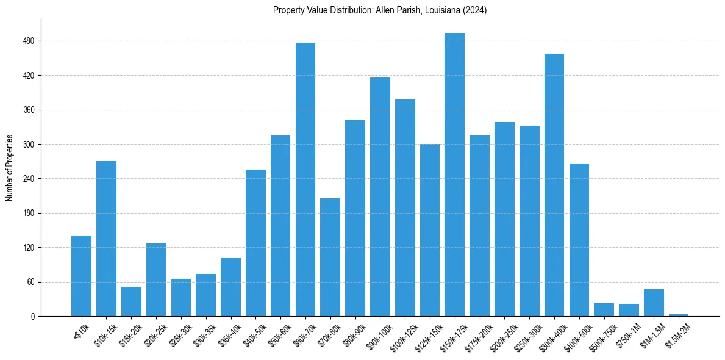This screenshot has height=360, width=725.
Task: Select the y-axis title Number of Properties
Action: click(x=10, y=168)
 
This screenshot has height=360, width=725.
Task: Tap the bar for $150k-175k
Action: click(x=454, y=175)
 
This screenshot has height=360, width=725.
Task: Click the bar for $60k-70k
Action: click(x=305, y=179)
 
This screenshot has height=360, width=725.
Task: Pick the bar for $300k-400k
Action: click(x=554, y=185)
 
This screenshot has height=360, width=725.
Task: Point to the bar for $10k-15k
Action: click(x=106, y=239)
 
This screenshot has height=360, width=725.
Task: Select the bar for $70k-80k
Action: click(x=330, y=257)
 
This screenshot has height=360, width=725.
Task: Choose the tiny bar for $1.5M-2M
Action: click(x=679, y=315)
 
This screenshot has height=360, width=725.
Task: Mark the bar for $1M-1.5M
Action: click(x=654, y=303)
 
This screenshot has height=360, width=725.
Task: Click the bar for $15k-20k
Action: click(x=131, y=301)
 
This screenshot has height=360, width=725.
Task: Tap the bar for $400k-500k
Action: click(x=579, y=240)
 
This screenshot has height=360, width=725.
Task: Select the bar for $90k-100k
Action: click(x=380, y=196)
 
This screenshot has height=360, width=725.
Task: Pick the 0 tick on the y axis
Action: click(x=33, y=317)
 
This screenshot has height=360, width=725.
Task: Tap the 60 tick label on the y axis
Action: click(x=31, y=282)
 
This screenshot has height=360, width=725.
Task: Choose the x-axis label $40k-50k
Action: click(x=253, y=334)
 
